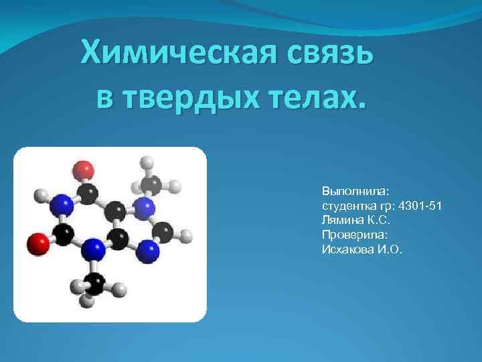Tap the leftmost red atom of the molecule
[38, 242]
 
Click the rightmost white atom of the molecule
[187, 236]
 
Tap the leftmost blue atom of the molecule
[62, 203]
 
